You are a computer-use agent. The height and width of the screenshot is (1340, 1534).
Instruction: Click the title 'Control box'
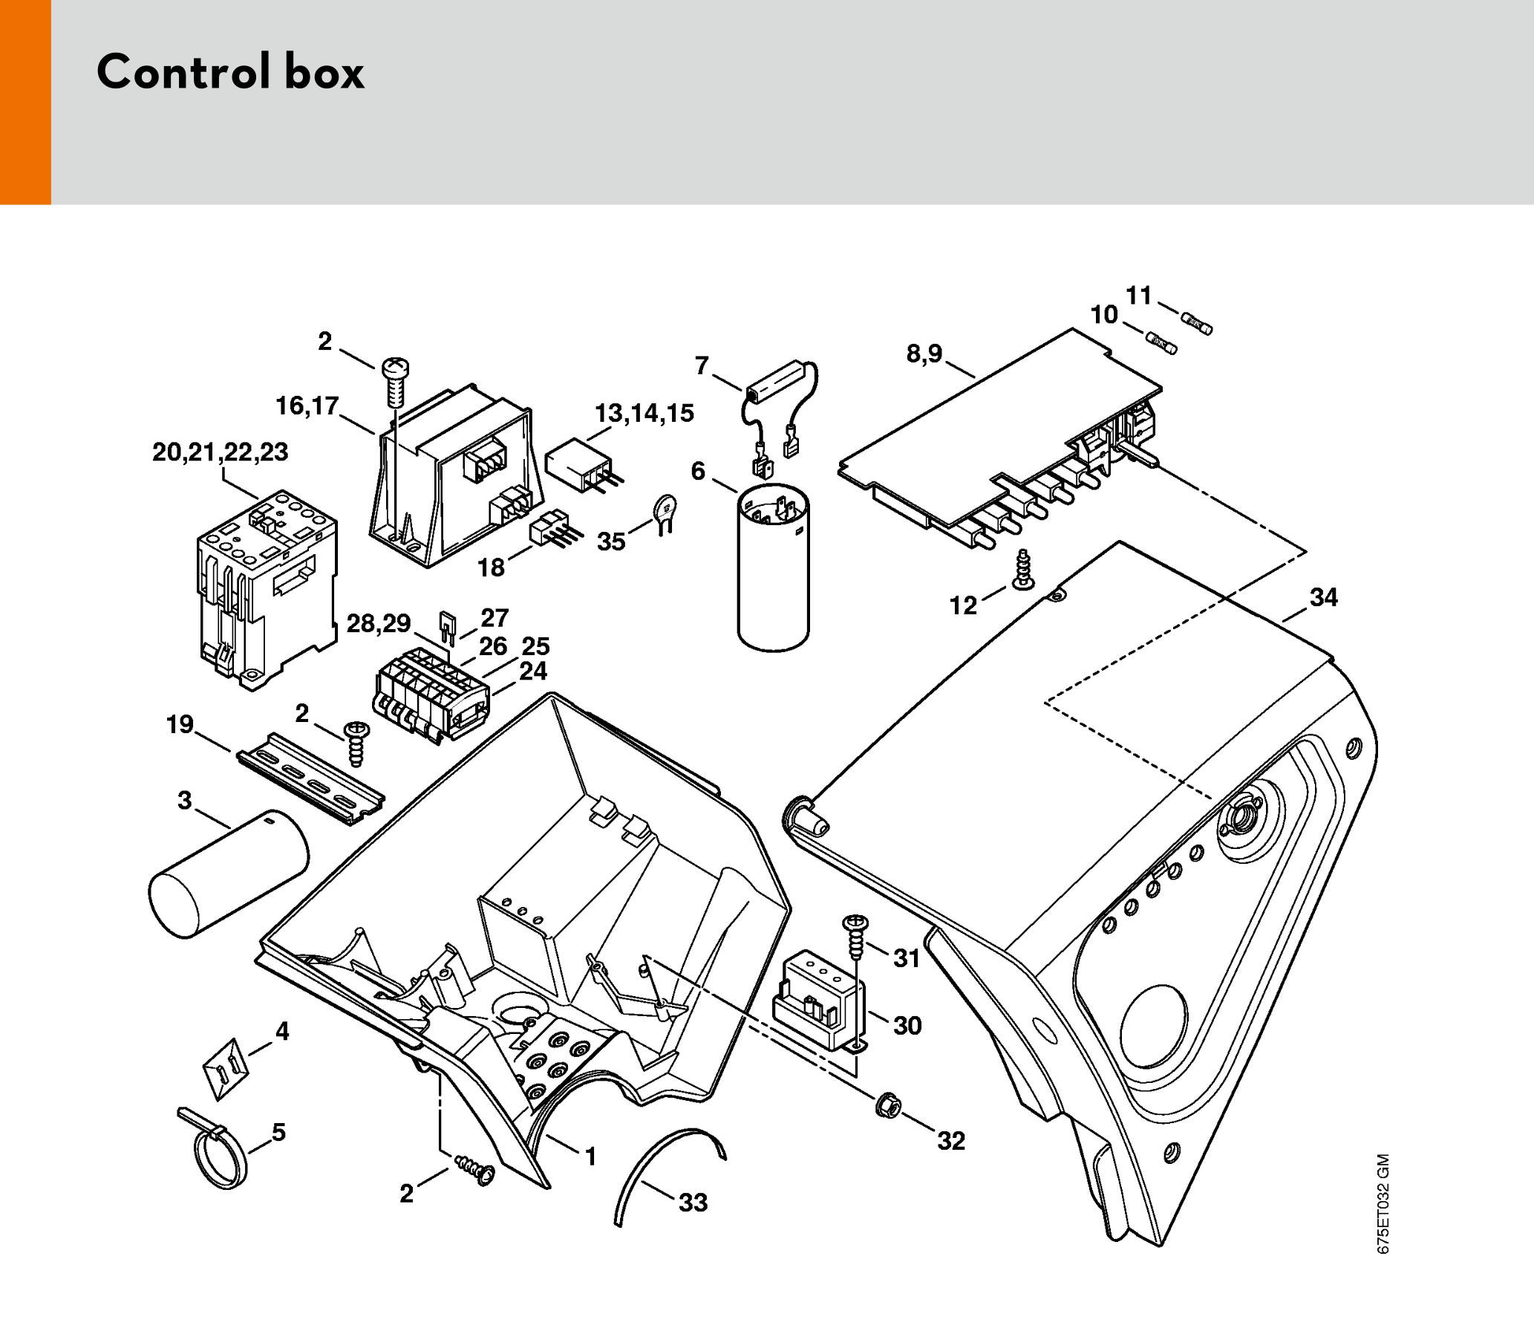pyautogui.click(x=230, y=74)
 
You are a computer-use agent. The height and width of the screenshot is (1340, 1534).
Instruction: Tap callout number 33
pyautogui.click(x=693, y=1203)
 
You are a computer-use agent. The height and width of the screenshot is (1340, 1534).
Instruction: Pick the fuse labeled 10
pyautogui.click(x=1162, y=344)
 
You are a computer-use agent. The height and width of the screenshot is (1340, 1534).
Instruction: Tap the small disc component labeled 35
pyautogui.click(x=663, y=511)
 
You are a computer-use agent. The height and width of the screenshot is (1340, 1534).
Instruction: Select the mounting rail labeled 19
pyautogui.click(x=310, y=778)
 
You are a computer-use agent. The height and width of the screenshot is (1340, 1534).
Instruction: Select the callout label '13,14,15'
pyautogui.click(x=644, y=414)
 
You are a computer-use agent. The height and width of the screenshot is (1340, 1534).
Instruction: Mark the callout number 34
pyautogui.click(x=1323, y=597)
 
